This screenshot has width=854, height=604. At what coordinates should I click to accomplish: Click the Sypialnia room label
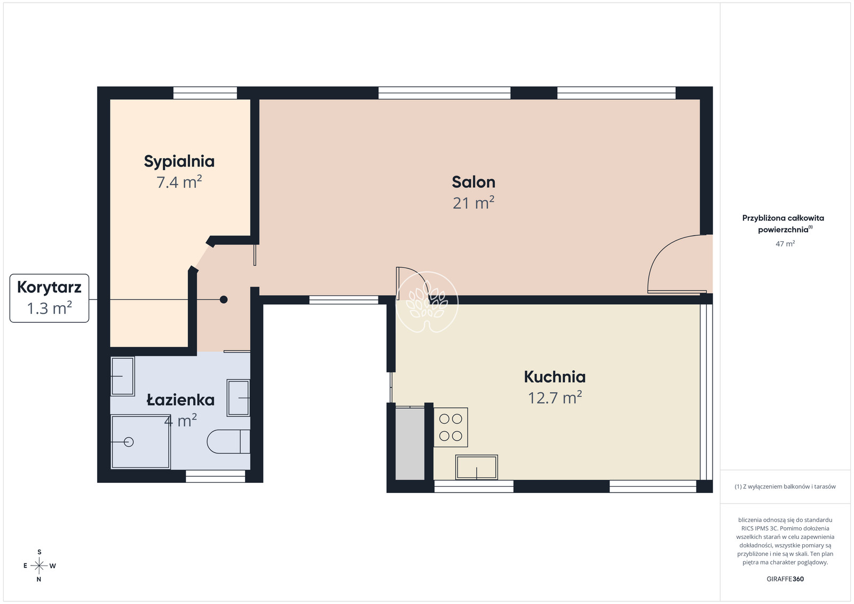179,162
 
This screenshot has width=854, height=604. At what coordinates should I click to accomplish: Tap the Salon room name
473,182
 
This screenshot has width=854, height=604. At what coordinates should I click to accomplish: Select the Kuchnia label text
555,377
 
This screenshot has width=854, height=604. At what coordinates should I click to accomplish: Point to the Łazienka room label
181,400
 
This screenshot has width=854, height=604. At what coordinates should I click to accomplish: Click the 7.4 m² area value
179,182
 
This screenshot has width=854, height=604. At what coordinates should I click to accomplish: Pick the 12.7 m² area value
555,398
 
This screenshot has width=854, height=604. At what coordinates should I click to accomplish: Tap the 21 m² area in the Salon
473,203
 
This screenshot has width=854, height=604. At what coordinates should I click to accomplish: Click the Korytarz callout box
49,298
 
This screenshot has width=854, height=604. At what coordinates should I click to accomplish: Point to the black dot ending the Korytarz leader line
224,299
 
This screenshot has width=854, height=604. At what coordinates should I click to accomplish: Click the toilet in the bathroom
228,442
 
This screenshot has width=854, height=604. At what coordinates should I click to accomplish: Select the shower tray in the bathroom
140,442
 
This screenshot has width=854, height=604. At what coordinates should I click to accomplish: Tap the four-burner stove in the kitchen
450,427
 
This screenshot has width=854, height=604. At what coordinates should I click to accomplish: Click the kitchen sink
477,467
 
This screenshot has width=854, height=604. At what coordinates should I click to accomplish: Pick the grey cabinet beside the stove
410,444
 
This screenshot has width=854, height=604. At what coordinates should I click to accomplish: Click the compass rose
39,566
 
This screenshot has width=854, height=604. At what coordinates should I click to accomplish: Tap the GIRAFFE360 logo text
785,579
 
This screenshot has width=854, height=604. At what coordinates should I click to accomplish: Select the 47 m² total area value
785,243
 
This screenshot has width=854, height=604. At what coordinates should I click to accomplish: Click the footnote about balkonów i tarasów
785,487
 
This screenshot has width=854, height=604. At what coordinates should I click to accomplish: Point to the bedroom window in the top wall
205,93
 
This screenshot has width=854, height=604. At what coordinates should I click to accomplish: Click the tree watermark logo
427,302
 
